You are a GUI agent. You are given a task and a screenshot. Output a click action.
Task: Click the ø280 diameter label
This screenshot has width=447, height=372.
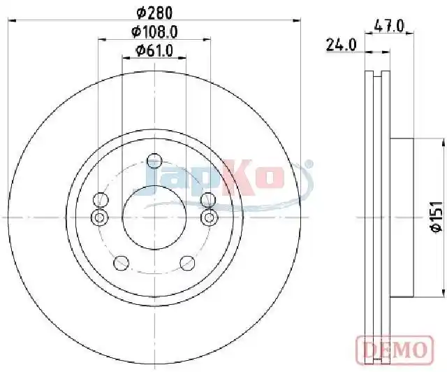(x=155, y=13)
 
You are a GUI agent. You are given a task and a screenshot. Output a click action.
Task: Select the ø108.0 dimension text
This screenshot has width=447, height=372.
(x=155, y=31)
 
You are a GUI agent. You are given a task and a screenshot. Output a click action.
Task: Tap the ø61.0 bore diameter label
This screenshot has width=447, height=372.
(x=155, y=51)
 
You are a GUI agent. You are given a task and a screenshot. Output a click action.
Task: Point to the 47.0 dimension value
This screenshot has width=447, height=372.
(x=389, y=27)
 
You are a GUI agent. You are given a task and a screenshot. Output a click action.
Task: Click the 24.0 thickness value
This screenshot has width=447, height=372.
(x=342, y=45)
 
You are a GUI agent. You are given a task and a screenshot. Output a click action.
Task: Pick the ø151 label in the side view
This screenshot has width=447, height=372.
(x=437, y=217)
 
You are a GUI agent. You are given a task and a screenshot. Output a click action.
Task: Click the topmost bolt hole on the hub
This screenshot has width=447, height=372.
(x=154, y=160)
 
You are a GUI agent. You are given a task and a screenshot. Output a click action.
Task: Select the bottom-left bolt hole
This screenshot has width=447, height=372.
(x=121, y=263)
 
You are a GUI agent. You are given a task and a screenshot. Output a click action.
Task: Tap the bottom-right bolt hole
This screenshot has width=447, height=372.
(x=188, y=263)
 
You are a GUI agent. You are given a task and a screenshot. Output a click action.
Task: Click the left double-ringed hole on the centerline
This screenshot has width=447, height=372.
(x=99, y=217)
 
